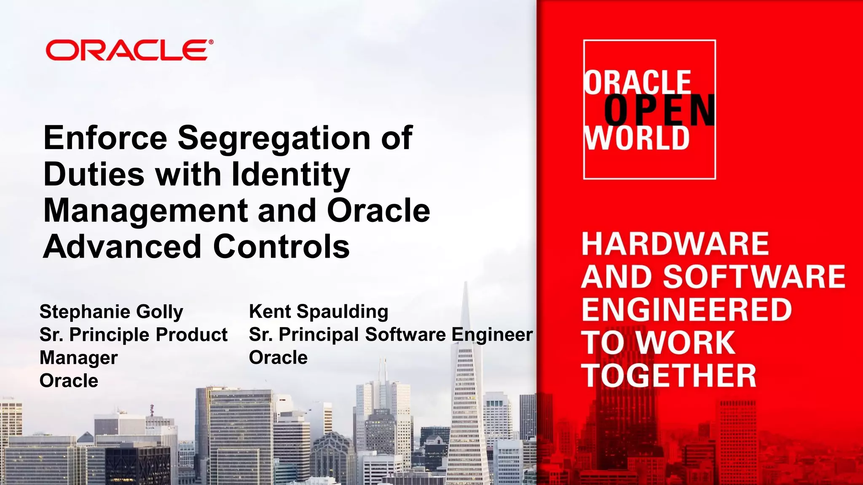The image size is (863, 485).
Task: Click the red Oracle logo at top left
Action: click(x=129, y=51)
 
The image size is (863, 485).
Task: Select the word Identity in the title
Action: click(x=291, y=174)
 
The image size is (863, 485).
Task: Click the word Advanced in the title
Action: click(x=122, y=247)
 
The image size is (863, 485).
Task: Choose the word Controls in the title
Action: click(x=281, y=247)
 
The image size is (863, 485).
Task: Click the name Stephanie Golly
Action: click(x=111, y=312)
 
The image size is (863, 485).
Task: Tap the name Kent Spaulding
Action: click(x=319, y=312)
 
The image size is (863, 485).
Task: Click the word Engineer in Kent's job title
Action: click(x=492, y=335)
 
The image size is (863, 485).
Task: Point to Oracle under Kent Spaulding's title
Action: click(x=278, y=358)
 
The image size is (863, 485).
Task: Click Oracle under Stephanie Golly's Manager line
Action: click(x=69, y=381)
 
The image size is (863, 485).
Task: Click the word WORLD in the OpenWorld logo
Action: click(x=636, y=138)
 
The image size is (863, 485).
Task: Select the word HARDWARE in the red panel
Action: click(x=675, y=244)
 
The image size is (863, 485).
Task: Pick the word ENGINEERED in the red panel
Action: click(x=687, y=309)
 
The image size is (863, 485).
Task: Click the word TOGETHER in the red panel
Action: click(x=669, y=376)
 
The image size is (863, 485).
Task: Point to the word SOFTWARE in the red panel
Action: click(x=754, y=277)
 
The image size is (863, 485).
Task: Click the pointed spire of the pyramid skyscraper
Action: click(x=466, y=295)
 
